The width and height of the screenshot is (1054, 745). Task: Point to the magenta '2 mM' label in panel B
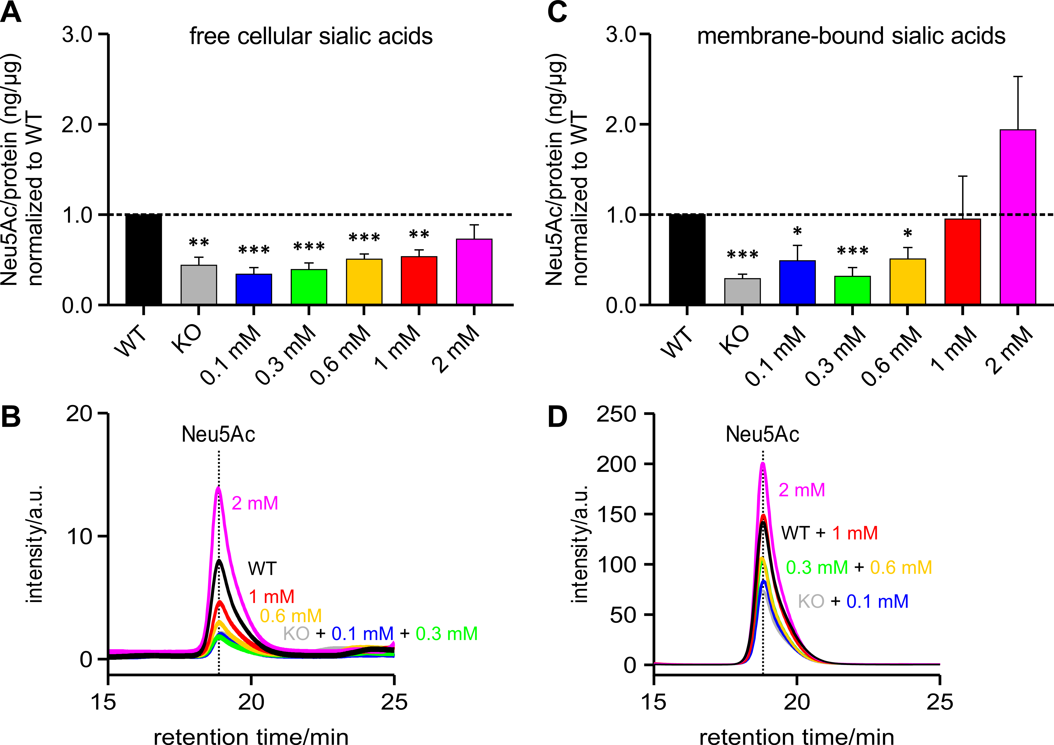pyautogui.click(x=255, y=503)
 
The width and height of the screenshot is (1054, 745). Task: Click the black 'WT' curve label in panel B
pyautogui.click(x=262, y=568)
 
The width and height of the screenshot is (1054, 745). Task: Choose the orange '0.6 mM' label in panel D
pyautogui.click(x=901, y=567)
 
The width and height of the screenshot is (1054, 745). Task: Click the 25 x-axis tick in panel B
pyautogui.click(x=394, y=702)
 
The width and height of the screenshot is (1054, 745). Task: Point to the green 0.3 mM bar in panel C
pyautogui.click(x=853, y=290)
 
